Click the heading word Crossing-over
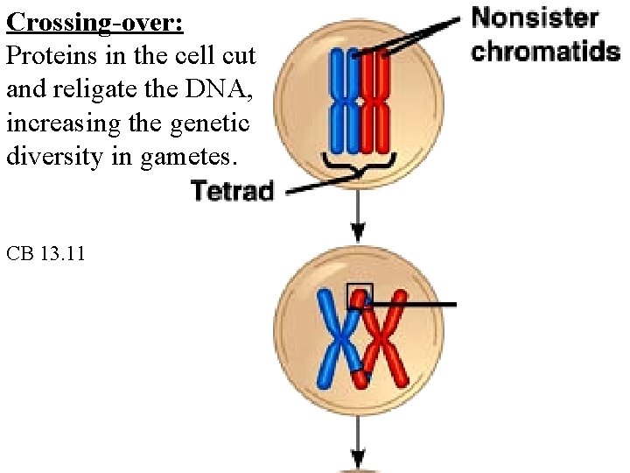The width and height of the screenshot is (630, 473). [x=94, y=22]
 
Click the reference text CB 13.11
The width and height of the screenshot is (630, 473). [x=45, y=255]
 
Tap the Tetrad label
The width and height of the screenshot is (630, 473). [x=232, y=189]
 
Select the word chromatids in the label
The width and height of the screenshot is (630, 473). [x=545, y=50]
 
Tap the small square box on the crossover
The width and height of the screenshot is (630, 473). [x=359, y=295]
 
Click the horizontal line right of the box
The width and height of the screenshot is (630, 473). [x=416, y=305]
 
